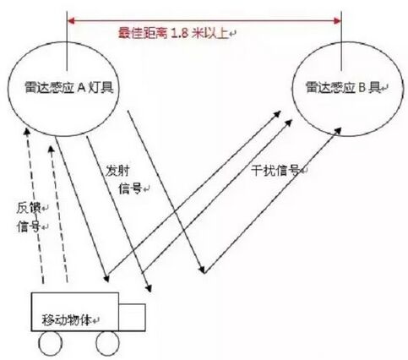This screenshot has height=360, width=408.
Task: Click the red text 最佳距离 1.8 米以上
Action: coord(172,33)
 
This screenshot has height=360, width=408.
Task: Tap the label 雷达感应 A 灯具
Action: coord(69,87)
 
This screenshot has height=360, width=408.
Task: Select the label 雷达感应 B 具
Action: coord(343,88)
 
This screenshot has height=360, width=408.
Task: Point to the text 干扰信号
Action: coord(275,171)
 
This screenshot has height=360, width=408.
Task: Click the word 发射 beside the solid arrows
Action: coord(117,171)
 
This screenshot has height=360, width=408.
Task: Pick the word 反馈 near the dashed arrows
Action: coord(29,208)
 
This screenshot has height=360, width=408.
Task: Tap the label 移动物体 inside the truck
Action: coord(67,319)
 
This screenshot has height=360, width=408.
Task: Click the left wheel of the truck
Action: coord(50,343)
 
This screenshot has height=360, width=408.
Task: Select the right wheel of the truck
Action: coord(107,343)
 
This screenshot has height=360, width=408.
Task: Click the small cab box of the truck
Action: coord(132,317)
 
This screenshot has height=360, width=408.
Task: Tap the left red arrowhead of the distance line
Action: coord(71,20)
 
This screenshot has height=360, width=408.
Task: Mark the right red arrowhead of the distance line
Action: coord(337,20)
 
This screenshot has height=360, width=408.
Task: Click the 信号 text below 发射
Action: coord(130,188)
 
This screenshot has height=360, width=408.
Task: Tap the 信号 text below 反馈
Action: coord(29,226)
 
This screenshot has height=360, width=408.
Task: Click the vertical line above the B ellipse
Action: coord(341,41)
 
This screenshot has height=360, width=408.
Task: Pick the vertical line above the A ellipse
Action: coord(67,41)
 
